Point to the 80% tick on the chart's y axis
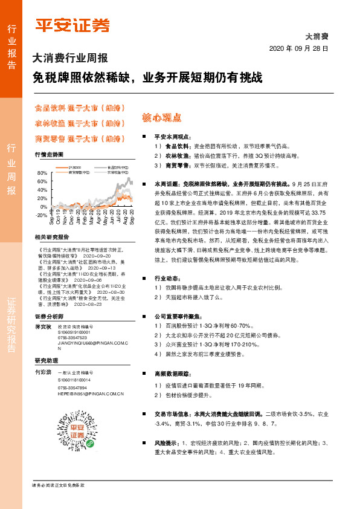point(42,173)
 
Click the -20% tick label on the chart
point(41,215)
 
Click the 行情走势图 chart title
point(49,155)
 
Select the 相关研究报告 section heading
point(52,237)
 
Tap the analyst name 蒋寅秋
point(43,326)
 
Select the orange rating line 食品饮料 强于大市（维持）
point(79,109)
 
